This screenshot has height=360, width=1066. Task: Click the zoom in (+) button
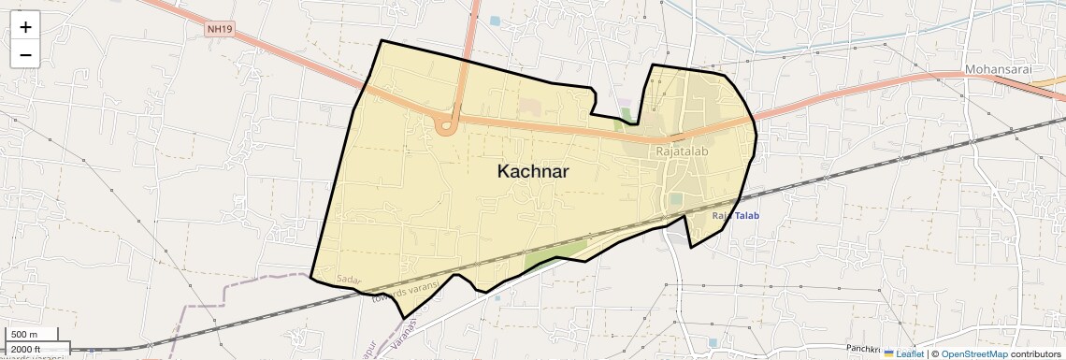click(x=25, y=27)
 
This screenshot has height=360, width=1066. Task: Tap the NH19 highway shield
click(x=219, y=30)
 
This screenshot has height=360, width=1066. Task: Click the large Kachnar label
click(x=533, y=172)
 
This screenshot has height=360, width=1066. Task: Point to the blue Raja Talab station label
click(x=736, y=216)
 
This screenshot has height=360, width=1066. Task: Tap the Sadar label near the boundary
click(x=348, y=280)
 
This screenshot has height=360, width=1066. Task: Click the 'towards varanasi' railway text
click(x=404, y=292)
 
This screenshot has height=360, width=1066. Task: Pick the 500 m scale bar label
click(x=24, y=335)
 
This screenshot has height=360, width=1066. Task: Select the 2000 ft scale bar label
click(x=26, y=349)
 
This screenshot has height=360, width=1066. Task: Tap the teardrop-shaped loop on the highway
click(x=447, y=123)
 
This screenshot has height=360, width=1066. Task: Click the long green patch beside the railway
click(x=555, y=252)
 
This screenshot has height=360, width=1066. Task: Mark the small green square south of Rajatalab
click(x=675, y=199)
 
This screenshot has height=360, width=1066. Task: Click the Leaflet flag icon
click(x=889, y=354)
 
